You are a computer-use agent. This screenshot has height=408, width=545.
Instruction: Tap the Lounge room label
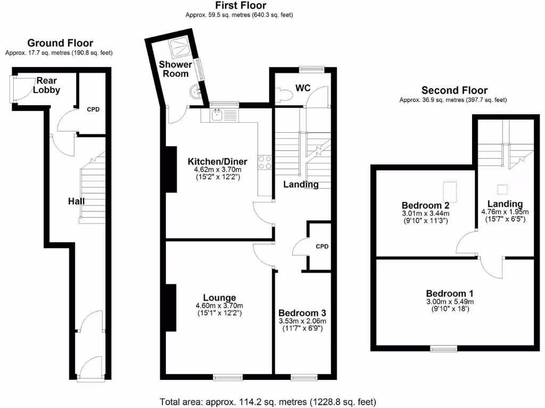point(219,297)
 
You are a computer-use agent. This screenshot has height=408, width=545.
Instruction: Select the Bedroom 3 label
point(302,313)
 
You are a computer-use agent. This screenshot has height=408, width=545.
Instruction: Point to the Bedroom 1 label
point(450,293)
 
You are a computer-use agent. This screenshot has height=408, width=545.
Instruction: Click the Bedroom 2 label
point(425,205)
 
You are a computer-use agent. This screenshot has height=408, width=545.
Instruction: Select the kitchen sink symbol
point(218,113)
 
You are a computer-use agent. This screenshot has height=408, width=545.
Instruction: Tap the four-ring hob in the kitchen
point(265,161)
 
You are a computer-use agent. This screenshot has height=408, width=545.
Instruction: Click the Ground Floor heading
point(60,43)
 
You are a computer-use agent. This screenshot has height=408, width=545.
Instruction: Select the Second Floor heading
point(454,90)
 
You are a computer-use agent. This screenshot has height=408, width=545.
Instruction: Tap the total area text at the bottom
point(268,401)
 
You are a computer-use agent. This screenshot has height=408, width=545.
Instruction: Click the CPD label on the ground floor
point(93,109)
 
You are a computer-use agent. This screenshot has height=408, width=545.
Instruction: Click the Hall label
point(76,201)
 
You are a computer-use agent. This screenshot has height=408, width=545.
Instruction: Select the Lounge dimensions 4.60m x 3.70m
point(219,305)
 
